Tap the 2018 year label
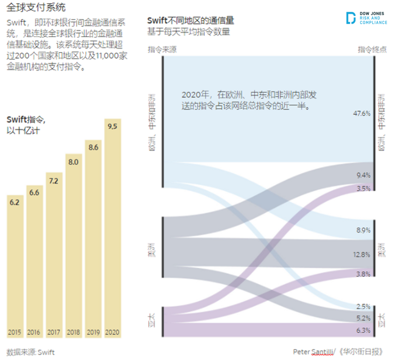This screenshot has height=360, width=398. [x=73, y=332]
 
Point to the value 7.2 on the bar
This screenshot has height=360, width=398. [x=53, y=181]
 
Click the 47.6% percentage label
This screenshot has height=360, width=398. [x=362, y=113]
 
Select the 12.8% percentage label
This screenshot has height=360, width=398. [x=362, y=254]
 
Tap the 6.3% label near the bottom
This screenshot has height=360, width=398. [x=363, y=330]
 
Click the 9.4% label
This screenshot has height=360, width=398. [x=363, y=175]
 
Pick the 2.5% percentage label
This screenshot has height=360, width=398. [x=363, y=307]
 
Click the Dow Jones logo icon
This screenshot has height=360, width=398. [x=351, y=18]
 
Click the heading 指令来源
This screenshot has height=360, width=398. [x=162, y=50]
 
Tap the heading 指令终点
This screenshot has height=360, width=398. [x=372, y=50]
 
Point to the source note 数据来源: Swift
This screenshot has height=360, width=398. [x=31, y=352]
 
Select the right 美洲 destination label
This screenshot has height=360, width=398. [x=382, y=249]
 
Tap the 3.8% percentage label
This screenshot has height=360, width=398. [x=363, y=274]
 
